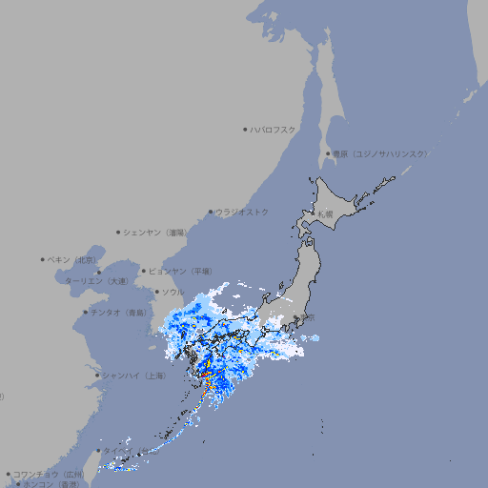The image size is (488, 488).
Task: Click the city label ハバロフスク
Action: point(274,130)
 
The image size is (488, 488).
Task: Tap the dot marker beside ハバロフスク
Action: point(245,130)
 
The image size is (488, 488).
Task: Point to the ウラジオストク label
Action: point(242,212)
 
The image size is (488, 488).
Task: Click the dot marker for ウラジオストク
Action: point(211,212)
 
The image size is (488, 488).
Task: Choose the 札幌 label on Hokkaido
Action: point(326,213)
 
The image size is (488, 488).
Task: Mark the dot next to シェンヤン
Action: point(118,232)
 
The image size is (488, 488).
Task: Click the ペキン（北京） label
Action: point(73,259)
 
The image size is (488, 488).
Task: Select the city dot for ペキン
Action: point(43,259)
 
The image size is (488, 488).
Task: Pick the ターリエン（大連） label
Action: point(96,282)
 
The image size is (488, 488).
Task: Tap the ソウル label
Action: point(173,292)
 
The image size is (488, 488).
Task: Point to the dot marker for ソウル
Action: point(156,292)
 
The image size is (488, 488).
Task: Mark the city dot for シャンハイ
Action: point(97,376)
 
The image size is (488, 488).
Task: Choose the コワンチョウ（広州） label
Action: point(49,474)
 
